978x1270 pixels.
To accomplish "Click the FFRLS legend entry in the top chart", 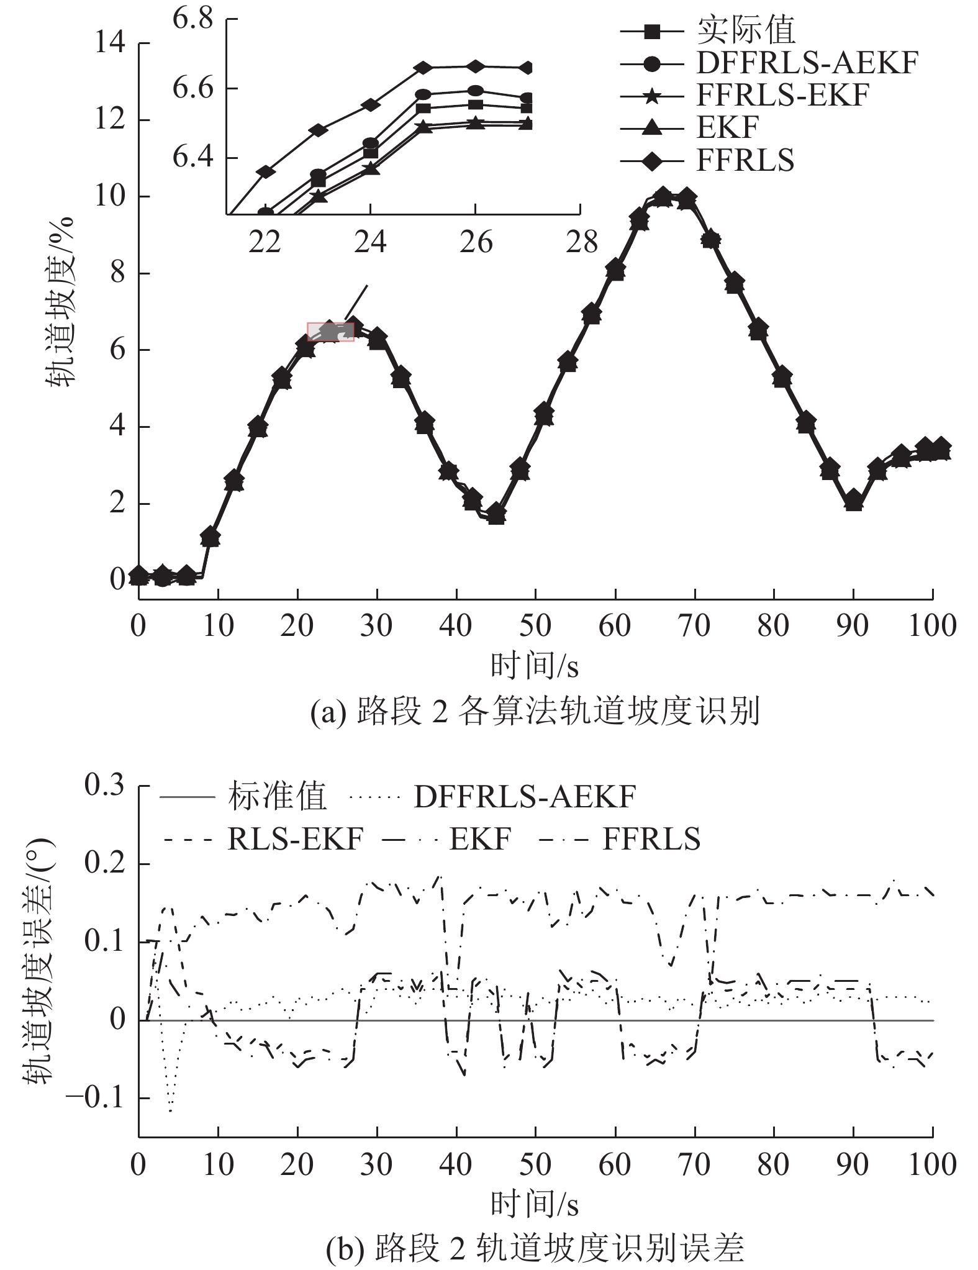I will coord(745,160).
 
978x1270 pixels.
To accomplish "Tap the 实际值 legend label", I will coord(746,30).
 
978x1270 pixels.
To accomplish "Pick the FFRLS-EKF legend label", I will coord(782,95).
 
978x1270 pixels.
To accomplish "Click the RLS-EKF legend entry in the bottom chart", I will coord(295,840).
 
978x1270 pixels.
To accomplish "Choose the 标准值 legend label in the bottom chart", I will coord(276,797).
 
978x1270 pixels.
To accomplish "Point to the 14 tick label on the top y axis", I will coord(109,43).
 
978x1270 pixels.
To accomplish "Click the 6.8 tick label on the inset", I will coord(192,19).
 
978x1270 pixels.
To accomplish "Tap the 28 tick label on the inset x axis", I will coord(581,243).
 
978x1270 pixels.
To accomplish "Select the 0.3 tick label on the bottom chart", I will coord(104,786).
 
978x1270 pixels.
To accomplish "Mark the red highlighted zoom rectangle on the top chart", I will coord(330,332).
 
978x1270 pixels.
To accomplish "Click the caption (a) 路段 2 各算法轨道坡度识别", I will coord(534,712).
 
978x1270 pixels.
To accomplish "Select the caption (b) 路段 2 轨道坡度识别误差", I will coord(534,1246).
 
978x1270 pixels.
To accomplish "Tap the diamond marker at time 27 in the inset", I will coord(527,68).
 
